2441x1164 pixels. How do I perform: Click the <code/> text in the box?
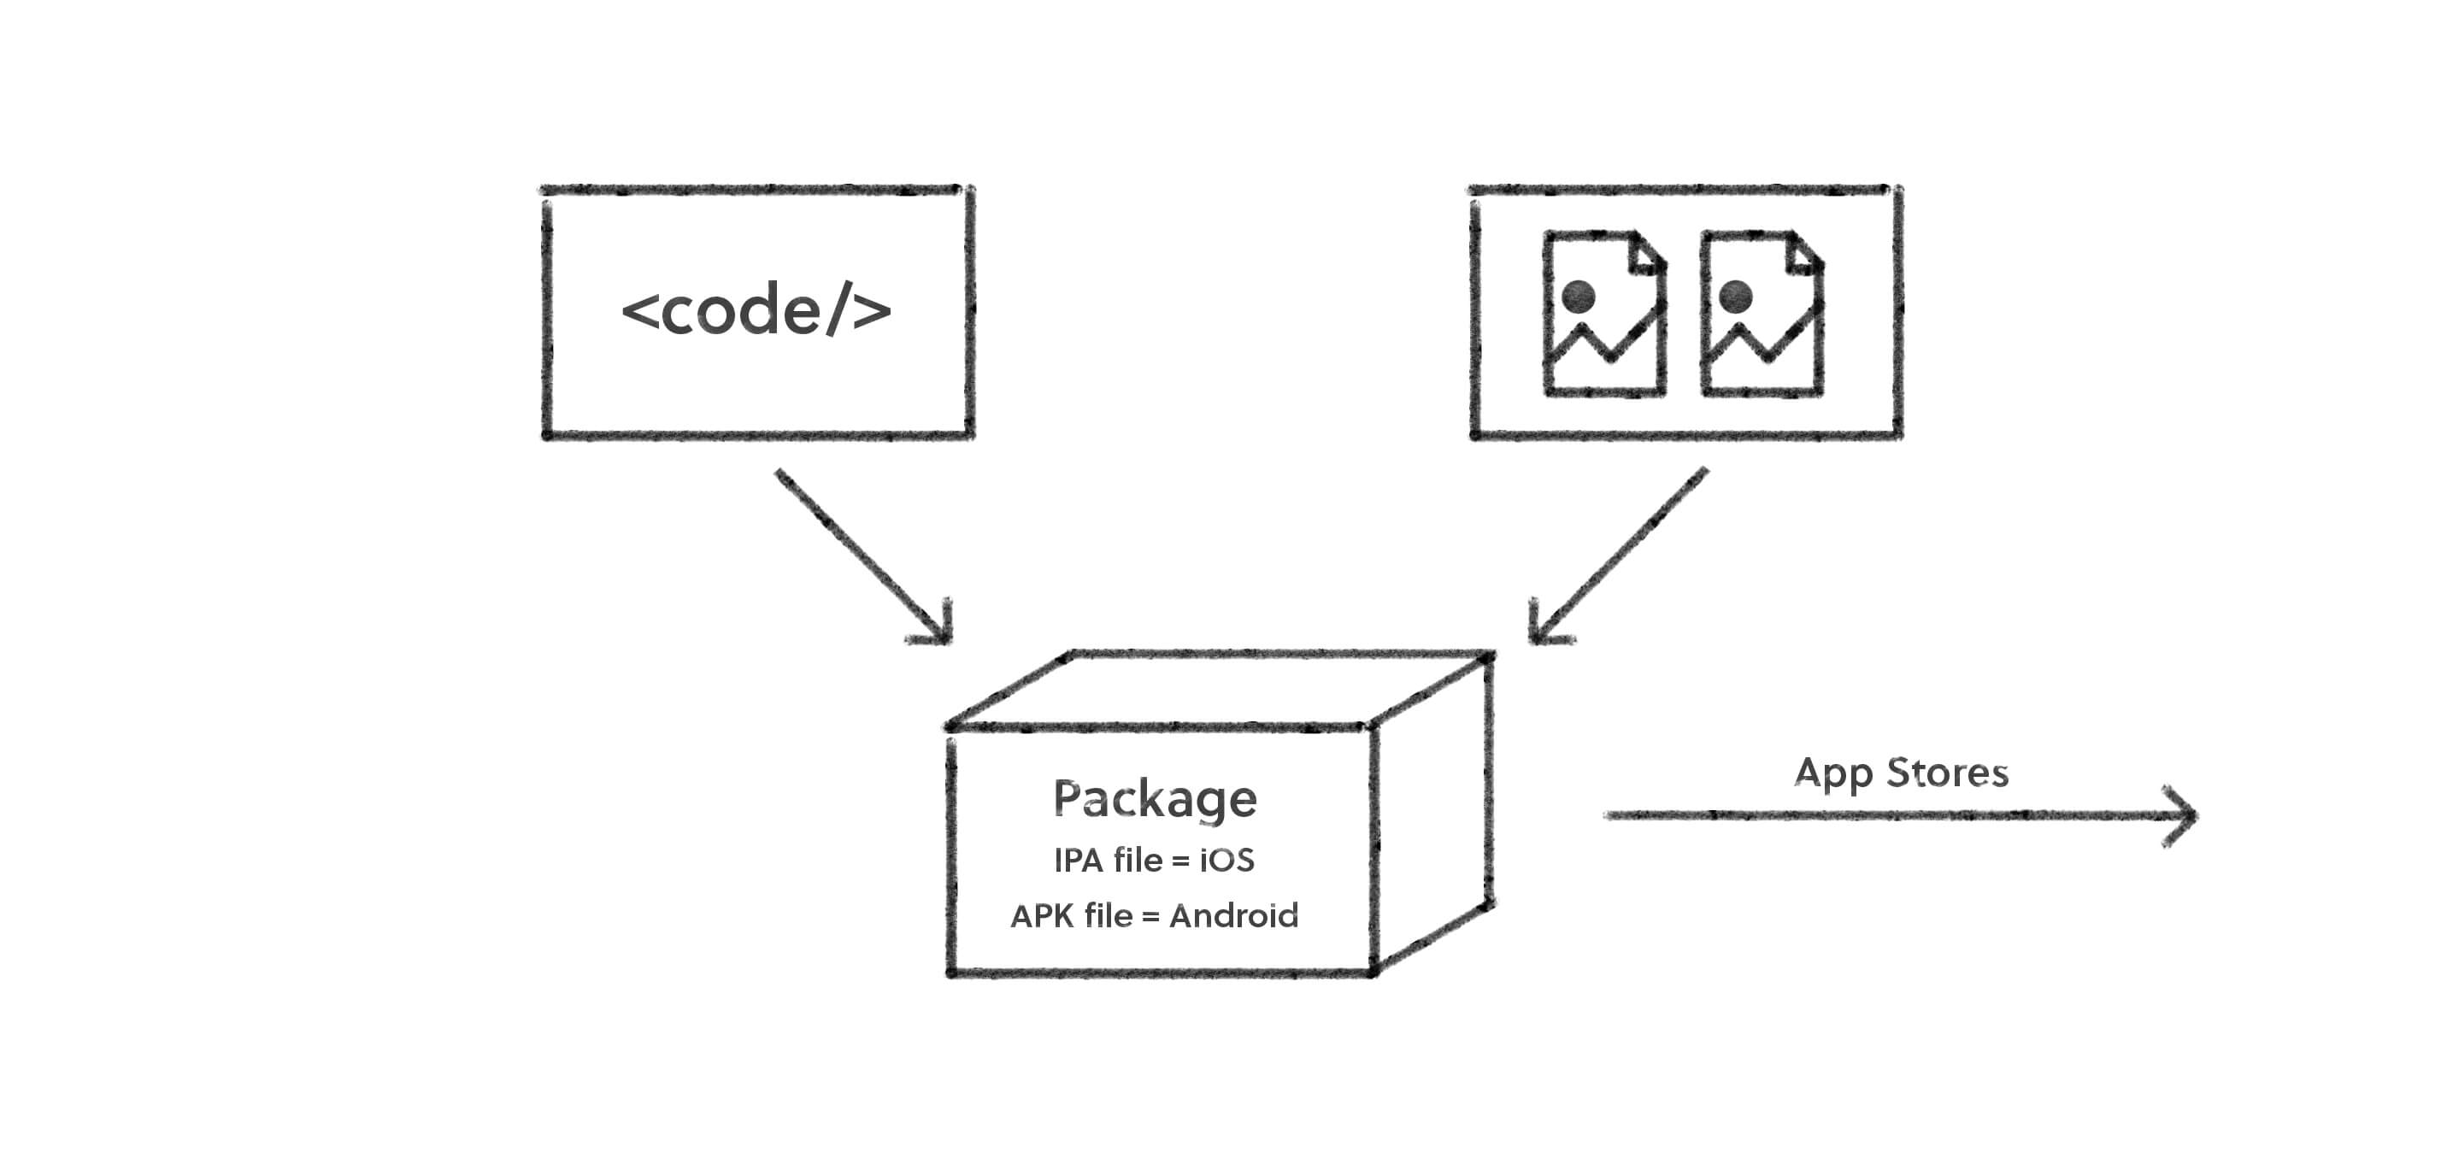[x=756, y=310]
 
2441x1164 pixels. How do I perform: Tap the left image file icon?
[x=1604, y=313]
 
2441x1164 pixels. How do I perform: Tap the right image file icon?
[x=1762, y=313]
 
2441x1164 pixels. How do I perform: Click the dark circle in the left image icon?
[x=1579, y=296]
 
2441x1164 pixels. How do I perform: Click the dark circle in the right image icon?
[x=1736, y=296]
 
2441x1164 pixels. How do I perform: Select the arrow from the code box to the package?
[x=862, y=556]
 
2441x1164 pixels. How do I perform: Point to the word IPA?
[x=1079, y=861]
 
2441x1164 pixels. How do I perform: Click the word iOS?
[x=1227, y=861]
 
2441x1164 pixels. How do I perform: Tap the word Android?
[x=1234, y=915]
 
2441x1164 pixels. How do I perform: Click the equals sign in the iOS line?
[x=1180, y=861]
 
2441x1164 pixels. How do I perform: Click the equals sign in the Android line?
[x=1150, y=918]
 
